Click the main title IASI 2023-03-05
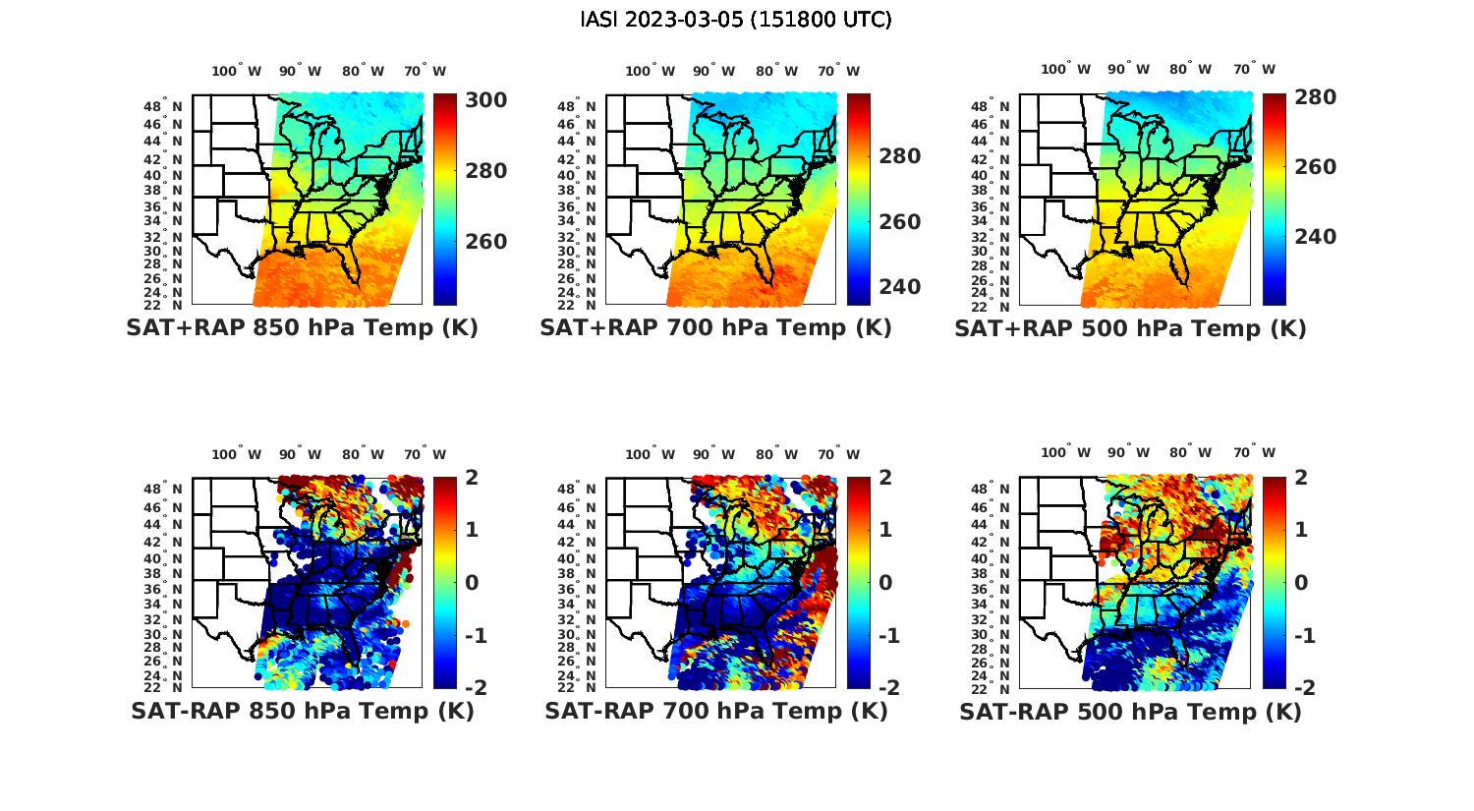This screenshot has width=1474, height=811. coord(736,20)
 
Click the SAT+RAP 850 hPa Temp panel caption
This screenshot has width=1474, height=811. coord(302,328)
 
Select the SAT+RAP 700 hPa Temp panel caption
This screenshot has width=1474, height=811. coord(715,328)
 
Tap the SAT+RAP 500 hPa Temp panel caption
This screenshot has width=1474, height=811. coord(1130,328)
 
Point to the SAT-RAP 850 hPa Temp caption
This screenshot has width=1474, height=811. coord(302,711)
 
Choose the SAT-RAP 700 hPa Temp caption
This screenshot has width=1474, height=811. coord(715,711)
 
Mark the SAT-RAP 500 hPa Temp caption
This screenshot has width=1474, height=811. coord(1130,711)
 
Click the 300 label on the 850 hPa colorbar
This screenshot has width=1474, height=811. coord(485,100)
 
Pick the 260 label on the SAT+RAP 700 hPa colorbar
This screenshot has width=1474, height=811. coord(899,222)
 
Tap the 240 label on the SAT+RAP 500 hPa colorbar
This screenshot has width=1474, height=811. coord(1315,237)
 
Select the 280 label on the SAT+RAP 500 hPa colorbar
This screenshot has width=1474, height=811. coord(1315,97)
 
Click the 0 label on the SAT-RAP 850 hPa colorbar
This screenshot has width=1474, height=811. coord(471,582)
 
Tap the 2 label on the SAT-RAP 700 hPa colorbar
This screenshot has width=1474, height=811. coord(884,478)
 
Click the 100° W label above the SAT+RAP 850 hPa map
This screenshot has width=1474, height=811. coord(237,71)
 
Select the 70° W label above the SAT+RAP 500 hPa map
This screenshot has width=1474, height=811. coord(1254,69)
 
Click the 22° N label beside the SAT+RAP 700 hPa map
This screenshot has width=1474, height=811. coord(578,306)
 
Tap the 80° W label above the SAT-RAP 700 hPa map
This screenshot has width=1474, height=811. coord(776,454)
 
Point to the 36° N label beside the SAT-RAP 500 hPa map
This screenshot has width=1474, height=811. coord(992,590)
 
